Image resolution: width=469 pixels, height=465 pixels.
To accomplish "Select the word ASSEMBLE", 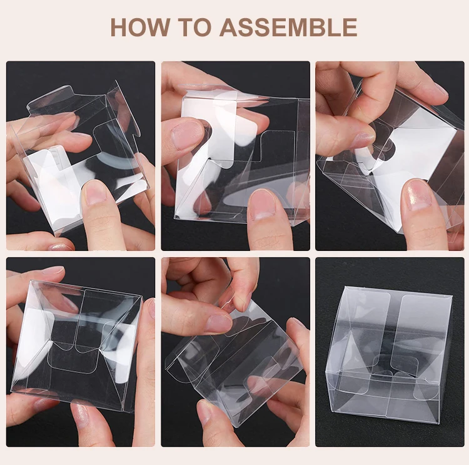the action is [x=288, y=28].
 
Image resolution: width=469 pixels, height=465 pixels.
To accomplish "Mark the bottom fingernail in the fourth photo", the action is [x=81, y=412].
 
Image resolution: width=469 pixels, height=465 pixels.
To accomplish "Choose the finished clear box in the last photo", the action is [x=388, y=354].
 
